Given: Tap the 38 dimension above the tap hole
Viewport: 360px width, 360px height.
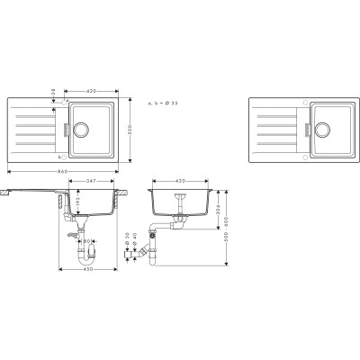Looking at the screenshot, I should pos(57,92).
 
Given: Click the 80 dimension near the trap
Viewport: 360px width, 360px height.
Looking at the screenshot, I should pos(84,241).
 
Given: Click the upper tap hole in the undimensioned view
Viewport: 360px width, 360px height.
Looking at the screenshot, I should pos(305,101).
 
